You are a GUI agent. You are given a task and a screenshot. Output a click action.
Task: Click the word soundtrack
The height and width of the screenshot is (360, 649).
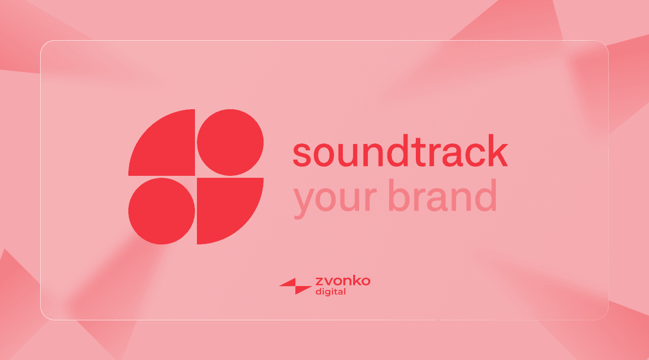click(x=400, y=150)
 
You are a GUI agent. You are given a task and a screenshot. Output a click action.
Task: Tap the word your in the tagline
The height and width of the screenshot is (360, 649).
click(x=335, y=199)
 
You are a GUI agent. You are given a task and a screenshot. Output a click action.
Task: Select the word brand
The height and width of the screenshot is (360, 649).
click(x=443, y=195)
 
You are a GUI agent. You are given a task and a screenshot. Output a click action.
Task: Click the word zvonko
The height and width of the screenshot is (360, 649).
click(x=343, y=281)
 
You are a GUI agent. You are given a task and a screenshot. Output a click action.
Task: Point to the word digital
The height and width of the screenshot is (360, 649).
click(x=331, y=291)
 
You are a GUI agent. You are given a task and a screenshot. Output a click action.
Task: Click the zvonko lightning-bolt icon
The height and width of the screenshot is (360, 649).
click(x=295, y=286)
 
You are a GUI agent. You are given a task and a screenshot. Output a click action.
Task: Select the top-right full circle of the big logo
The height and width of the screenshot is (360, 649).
click(x=230, y=143)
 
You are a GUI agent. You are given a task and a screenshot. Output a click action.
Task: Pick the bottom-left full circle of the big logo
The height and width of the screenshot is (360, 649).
click(x=162, y=211)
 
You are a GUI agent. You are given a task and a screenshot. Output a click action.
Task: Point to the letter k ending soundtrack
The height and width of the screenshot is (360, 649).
click(x=498, y=150)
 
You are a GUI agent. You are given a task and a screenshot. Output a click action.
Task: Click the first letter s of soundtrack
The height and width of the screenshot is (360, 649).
click(x=302, y=155)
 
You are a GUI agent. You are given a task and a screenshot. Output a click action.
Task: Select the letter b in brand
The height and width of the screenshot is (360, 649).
click(x=398, y=195)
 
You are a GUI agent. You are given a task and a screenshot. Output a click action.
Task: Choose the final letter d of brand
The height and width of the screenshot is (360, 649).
click(x=486, y=195)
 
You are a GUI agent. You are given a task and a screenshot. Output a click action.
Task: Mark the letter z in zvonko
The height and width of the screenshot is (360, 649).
click(x=319, y=282)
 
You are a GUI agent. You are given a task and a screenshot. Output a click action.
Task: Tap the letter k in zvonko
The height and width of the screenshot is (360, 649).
click(x=356, y=281)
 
